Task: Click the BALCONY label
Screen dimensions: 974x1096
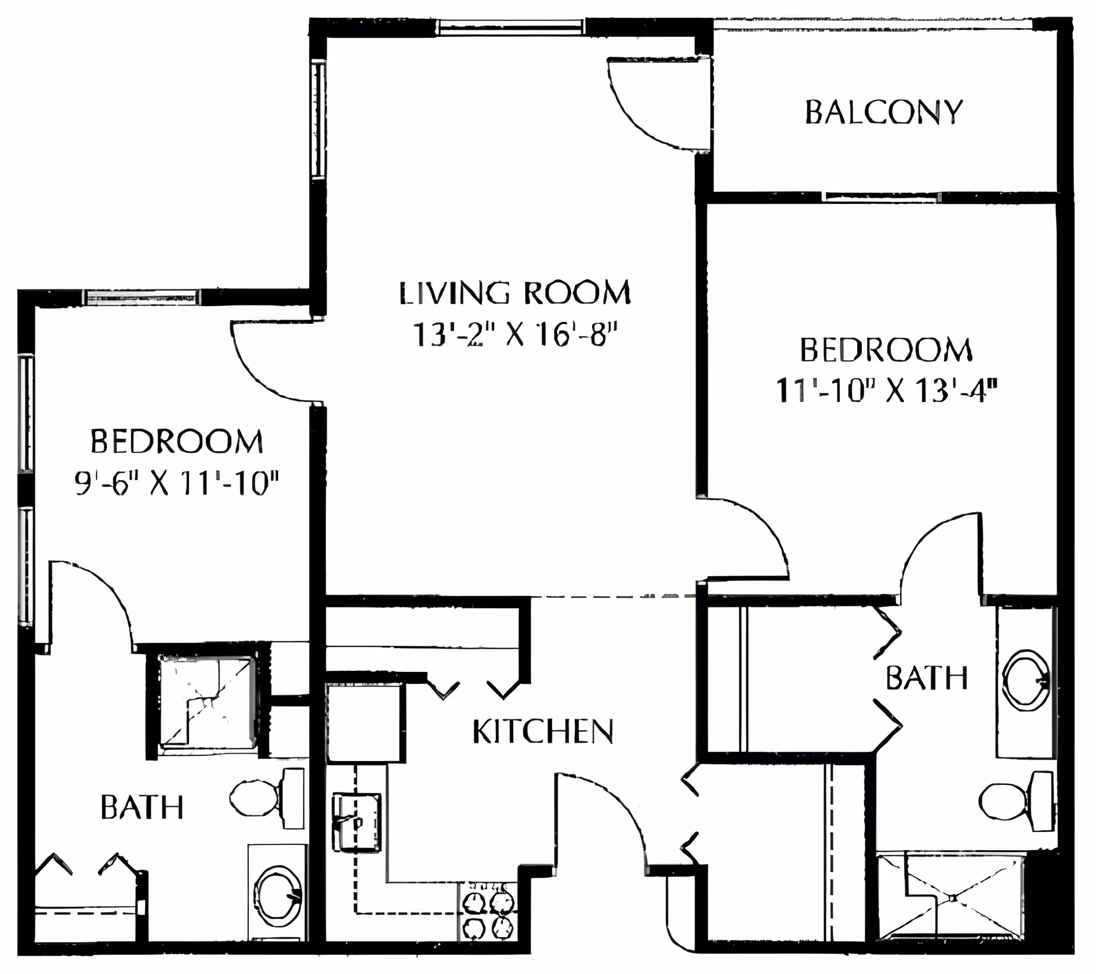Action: (883, 112)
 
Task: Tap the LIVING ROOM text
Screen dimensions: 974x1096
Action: (515, 292)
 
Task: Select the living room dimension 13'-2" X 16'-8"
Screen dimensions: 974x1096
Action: (515, 335)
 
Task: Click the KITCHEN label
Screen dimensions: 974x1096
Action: (543, 731)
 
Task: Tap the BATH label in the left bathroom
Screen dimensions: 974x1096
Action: (142, 807)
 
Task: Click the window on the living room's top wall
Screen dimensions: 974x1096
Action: (512, 27)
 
